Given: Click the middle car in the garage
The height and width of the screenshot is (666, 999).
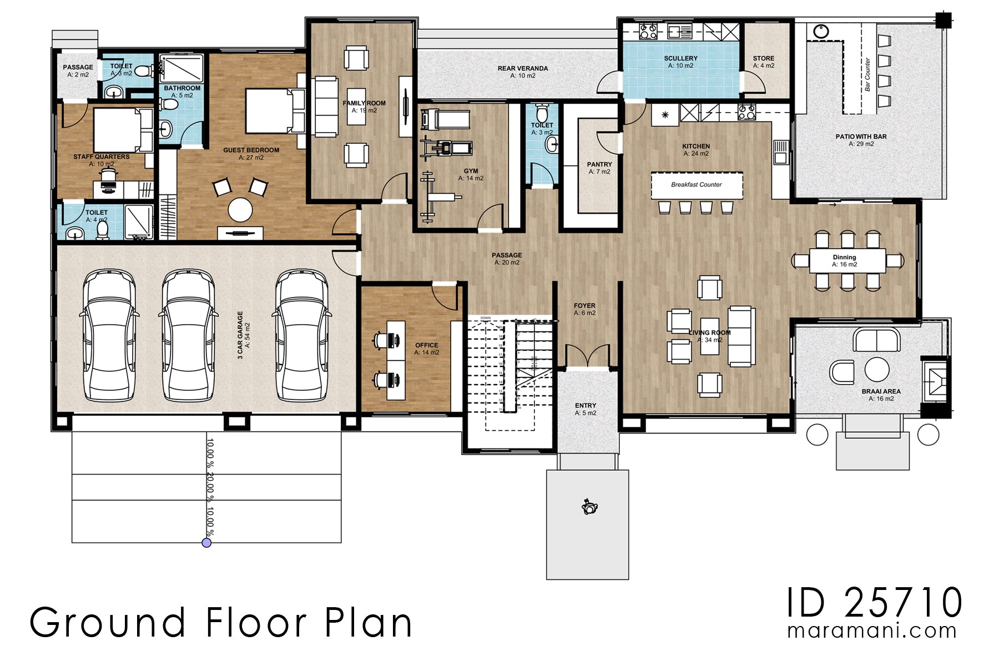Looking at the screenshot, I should [x=188, y=335].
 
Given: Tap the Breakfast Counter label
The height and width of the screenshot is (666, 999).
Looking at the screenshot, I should [x=696, y=185].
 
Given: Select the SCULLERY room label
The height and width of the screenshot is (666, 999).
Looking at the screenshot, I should [x=680, y=58].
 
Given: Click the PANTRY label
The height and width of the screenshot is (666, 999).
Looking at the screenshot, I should [x=599, y=164].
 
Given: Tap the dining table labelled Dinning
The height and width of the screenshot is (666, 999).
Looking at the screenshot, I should [x=846, y=260].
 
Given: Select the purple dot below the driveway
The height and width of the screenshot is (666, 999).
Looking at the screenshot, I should [x=206, y=543].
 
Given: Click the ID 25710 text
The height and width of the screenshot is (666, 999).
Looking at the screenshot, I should [x=874, y=603].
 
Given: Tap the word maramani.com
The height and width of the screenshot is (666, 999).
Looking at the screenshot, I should [x=871, y=631].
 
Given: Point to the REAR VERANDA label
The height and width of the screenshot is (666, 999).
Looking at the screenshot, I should [x=522, y=68].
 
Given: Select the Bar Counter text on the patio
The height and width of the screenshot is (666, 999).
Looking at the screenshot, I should [x=867, y=74].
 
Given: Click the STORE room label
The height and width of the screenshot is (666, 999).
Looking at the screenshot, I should [x=763, y=58].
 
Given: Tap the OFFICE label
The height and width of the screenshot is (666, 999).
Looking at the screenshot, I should [x=426, y=345].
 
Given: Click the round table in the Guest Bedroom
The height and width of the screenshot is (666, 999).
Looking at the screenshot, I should [x=240, y=210].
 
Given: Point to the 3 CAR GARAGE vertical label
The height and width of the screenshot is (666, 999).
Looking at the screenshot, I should [x=240, y=335].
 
